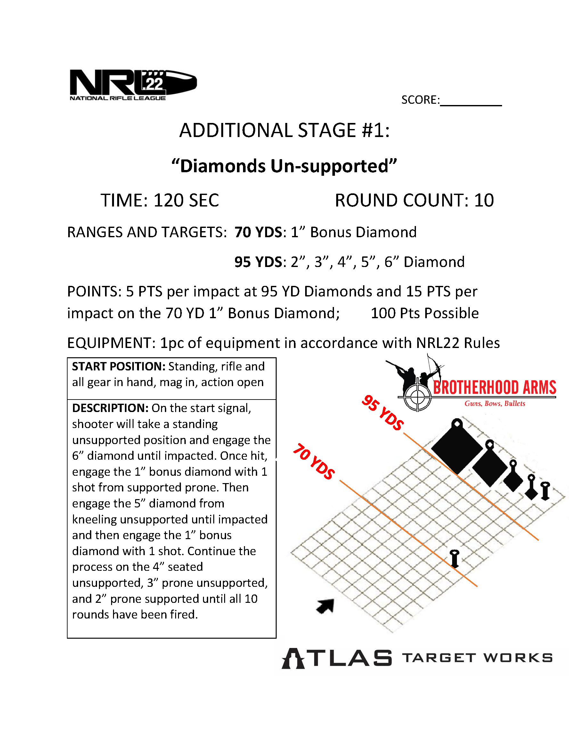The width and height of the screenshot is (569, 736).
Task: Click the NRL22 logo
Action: coord(133,84)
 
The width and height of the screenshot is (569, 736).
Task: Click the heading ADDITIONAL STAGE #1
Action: coord(284,130)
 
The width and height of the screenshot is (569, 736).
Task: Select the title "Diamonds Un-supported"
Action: coord(284,166)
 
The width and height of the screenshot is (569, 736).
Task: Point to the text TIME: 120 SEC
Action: coord(160,200)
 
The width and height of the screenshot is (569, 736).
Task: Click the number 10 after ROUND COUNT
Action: coord(484,200)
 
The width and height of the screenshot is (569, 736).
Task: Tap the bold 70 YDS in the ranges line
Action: coord(258,232)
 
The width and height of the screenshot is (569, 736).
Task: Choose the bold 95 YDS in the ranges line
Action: coord(258,262)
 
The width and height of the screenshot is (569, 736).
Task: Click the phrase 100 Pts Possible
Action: coord(424,313)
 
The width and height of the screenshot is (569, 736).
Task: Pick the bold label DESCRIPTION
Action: coord(110,408)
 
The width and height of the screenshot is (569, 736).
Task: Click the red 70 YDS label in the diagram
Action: coord(314,461)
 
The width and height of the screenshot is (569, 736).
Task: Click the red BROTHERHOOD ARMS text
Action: coord(494,388)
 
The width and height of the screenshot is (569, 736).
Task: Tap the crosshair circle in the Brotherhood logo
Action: coord(417,398)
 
